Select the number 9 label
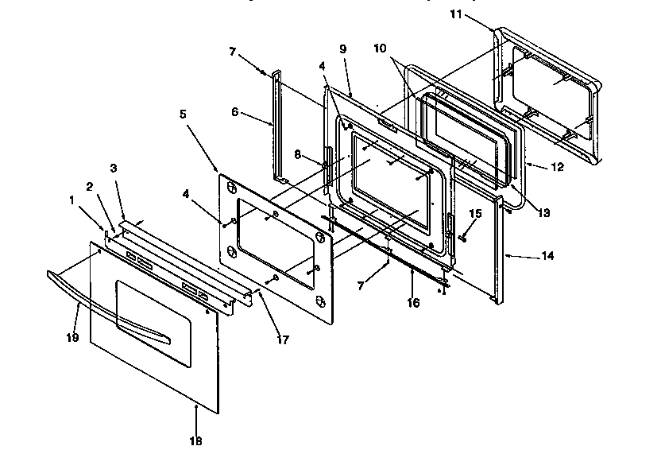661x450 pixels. pos(343,49)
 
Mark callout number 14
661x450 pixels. pos(547,256)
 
